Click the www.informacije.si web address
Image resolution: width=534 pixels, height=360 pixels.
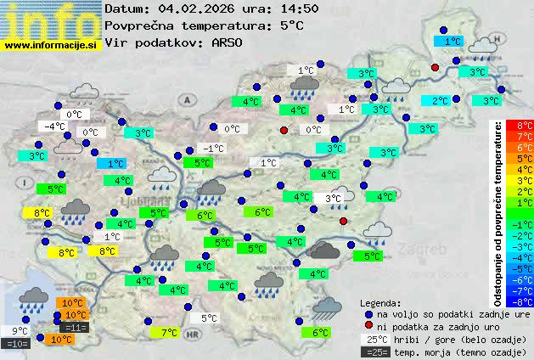click(50, 44)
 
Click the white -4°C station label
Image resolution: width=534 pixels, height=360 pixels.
click(55, 127)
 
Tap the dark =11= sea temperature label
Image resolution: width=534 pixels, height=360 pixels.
click(75, 327)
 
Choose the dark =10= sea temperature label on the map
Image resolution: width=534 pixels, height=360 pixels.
click(17, 344)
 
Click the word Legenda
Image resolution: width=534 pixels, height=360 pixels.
click(379, 302)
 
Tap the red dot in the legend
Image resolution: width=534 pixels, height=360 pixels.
click(368, 326)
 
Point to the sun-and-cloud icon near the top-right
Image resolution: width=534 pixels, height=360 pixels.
click(481, 45)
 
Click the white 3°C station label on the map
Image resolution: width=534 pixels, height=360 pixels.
click(333, 198)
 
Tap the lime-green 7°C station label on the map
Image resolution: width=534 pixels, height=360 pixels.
click(169, 333)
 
